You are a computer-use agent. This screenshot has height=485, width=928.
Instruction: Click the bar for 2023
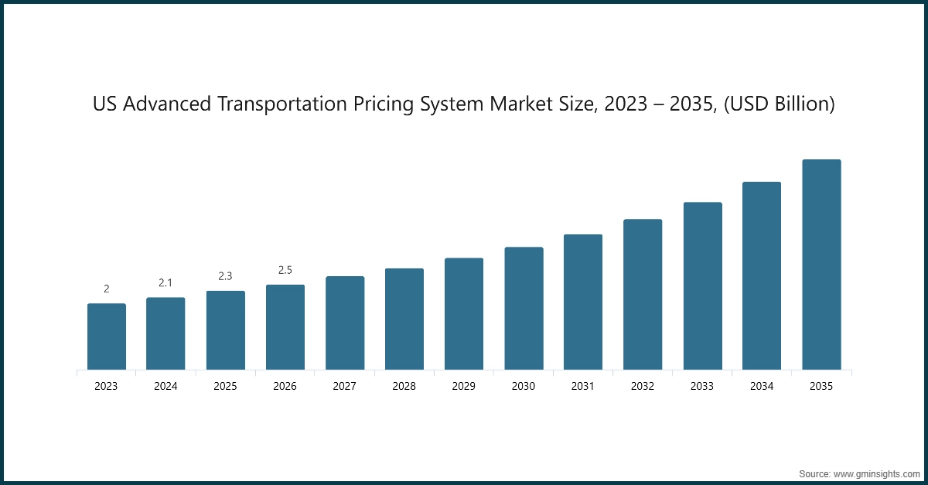(x=106, y=336)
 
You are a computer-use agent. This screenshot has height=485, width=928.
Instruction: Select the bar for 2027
(x=345, y=323)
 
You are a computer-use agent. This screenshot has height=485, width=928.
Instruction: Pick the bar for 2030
(x=524, y=308)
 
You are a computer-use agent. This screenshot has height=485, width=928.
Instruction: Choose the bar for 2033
(x=702, y=285)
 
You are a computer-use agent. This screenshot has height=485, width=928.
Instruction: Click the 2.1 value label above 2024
(x=165, y=283)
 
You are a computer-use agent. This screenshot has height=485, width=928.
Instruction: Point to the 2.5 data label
(x=285, y=270)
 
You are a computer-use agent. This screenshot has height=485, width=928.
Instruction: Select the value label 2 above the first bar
(x=106, y=289)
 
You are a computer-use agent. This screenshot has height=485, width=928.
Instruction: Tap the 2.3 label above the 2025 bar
(x=225, y=276)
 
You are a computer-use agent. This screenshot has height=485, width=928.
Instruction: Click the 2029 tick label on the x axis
(x=464, y=386)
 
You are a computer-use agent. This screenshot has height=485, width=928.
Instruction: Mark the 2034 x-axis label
(x=762, y=386)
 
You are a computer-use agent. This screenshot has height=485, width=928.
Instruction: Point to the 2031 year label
(x=583, y=386)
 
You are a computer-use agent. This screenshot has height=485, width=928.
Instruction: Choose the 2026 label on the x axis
(x=285, y=386)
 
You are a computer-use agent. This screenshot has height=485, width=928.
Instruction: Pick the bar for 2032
(x=643, y=294)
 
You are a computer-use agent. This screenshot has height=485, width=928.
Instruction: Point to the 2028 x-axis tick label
(x=404, y=386)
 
